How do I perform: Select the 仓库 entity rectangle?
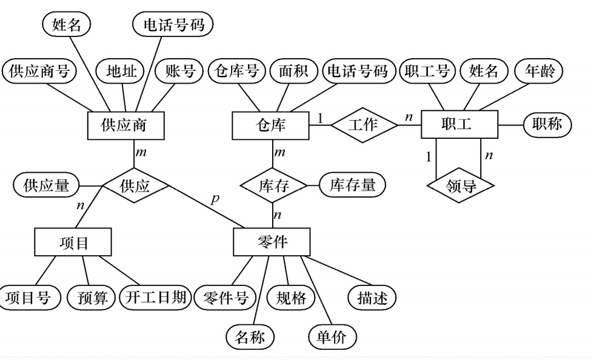(271, 125)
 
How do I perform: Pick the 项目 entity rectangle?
(73, 242)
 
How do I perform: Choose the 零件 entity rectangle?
(271, 242)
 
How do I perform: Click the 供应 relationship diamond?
(135, 186)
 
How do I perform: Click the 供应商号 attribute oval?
(38, 72)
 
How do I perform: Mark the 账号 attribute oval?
(176, 72)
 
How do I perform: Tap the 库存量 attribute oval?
(352, 185)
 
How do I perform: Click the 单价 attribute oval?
(332, 337)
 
